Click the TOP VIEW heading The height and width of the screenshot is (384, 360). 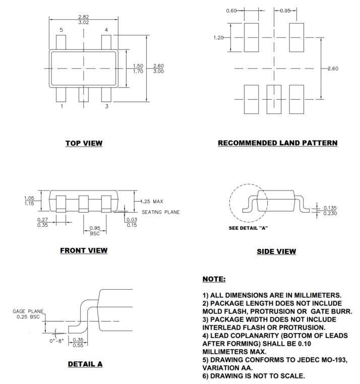84,143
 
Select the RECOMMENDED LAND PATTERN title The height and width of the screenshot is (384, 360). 277,143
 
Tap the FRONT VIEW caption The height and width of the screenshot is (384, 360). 84,250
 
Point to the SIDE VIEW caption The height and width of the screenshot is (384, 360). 276,251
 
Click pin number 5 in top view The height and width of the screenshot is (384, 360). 61,30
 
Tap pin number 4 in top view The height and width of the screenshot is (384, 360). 106,30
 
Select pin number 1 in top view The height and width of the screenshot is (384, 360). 62,106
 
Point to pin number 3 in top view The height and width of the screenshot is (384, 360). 106,106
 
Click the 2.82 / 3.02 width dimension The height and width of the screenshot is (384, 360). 84,20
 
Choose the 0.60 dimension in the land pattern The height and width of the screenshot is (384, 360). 231,11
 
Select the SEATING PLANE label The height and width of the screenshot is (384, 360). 161,212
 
